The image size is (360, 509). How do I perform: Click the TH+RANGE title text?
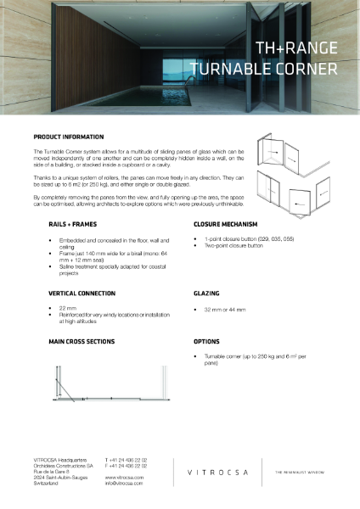point(296,49)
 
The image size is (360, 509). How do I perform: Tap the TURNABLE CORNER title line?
point(264,67)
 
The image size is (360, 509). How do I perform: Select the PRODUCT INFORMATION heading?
point(69,137)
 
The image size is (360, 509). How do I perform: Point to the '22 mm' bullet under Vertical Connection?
point(68,309)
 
